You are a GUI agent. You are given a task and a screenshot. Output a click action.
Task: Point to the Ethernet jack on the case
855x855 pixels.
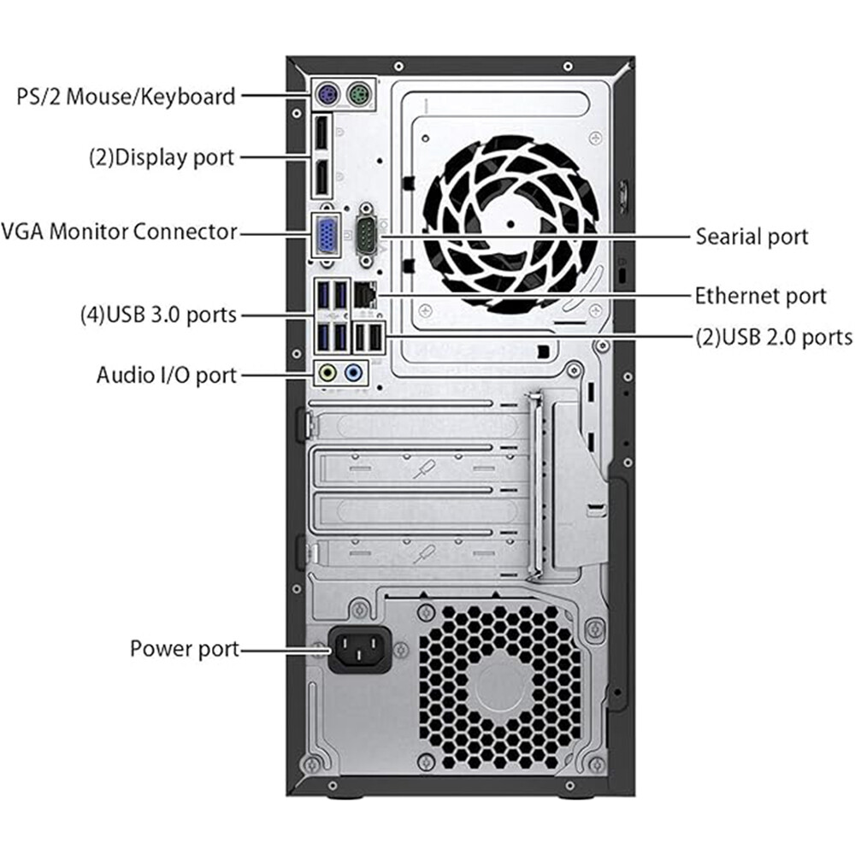[365, 295]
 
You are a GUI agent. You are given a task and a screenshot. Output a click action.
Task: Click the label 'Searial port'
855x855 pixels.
[752, 235]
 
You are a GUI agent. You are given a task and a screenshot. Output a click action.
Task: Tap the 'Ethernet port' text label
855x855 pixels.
[760, 296]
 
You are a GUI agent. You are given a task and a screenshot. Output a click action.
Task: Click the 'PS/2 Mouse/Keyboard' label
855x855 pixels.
[125, 96]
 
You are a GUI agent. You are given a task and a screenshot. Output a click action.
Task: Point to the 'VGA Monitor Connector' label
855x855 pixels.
[119, 231]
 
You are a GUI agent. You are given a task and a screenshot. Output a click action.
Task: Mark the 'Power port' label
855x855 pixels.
[184, 648]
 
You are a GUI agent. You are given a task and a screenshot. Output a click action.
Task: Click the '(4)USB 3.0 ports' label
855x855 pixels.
[157, 315]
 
